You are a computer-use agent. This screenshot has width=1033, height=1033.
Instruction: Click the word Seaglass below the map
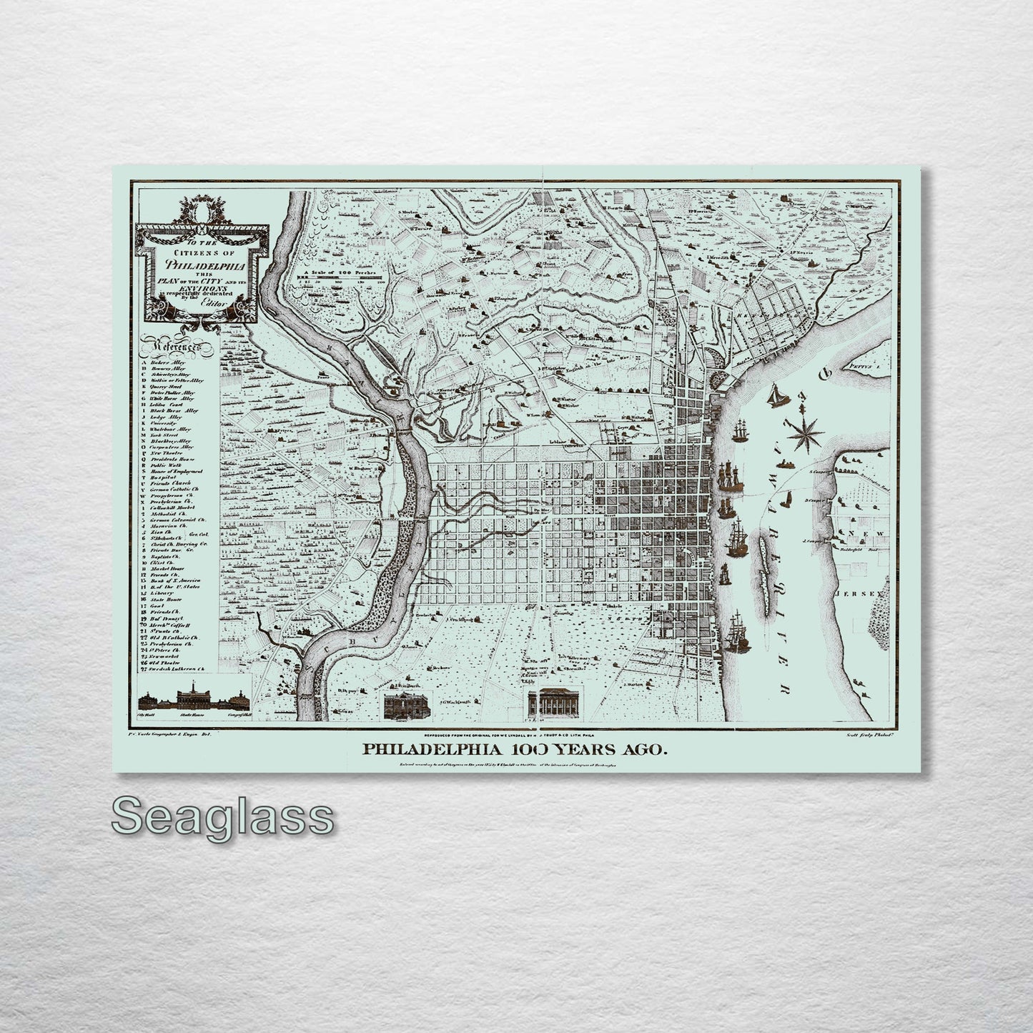pos(222,816)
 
